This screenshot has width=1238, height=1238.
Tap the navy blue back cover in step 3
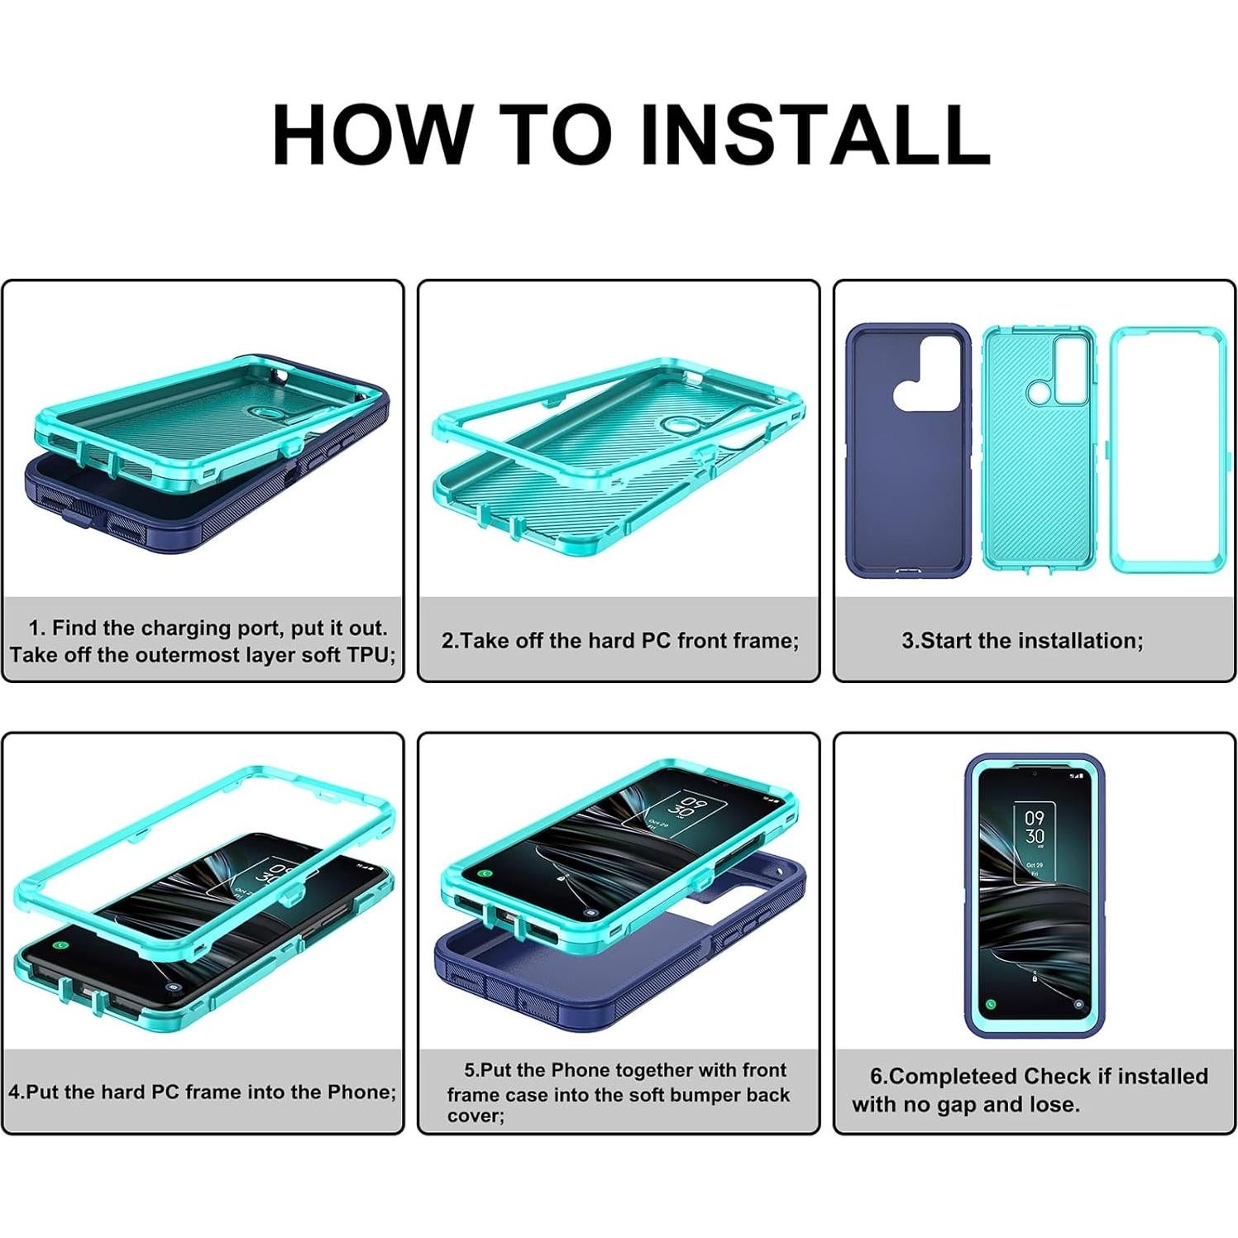click(x=908, y=451)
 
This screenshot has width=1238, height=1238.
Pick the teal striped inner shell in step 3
click(x=1039, y=451)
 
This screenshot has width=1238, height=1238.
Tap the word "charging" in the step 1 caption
click(x=190, y=628)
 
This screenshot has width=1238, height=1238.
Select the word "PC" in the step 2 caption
click(x=657, y=641)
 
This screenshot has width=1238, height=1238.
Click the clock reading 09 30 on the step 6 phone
click(x=1035, y=827)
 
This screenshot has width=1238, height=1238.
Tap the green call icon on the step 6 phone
click(x=991, y=1004)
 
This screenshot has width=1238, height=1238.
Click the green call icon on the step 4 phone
click(x=60, y=944)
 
